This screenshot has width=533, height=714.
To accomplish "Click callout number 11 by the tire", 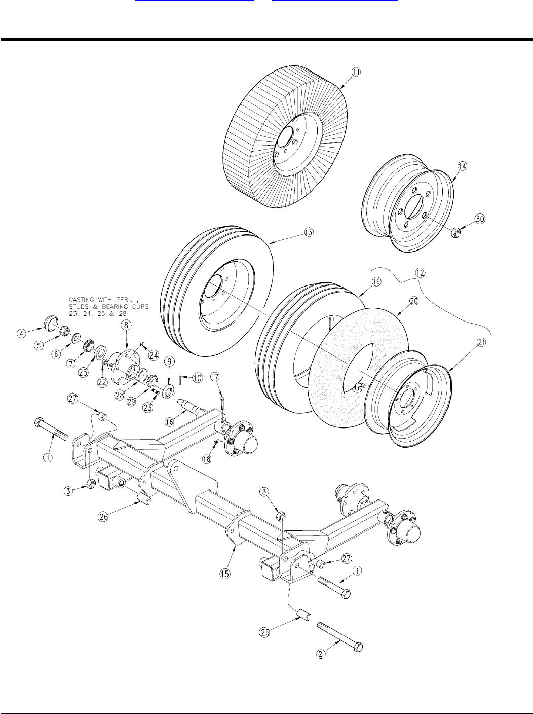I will point(357,72).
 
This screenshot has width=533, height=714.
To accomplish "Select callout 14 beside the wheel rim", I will point(463,166).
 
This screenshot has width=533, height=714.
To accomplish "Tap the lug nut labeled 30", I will point(455,233).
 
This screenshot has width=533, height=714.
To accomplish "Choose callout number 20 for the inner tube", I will point(414,301).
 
